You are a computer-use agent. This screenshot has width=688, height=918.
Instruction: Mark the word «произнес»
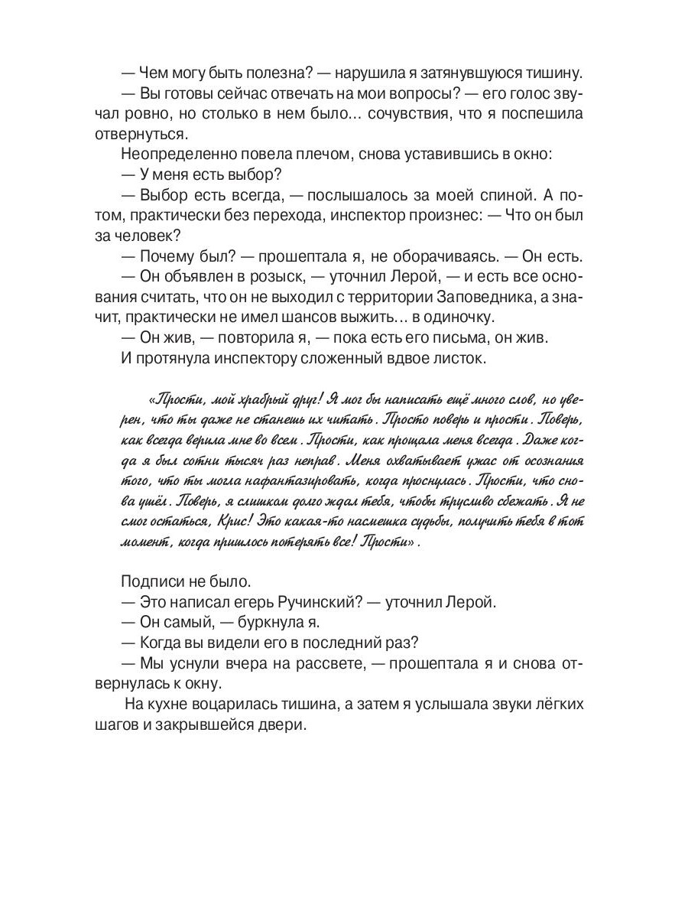pyautogui.click(x=433, y=213)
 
